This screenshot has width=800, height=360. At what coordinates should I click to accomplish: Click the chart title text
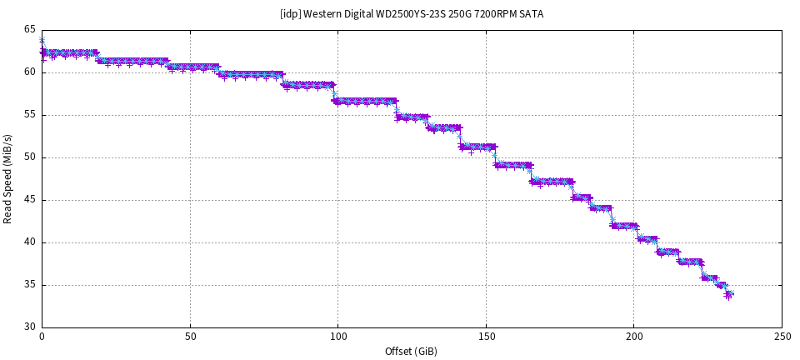[x=412, y=14]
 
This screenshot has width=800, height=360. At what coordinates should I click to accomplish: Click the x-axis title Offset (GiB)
[x=412, y=351]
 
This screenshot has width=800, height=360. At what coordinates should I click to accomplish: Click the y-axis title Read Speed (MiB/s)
[x=8, y=178]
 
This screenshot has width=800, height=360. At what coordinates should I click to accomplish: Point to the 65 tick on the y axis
[x=30, y=30]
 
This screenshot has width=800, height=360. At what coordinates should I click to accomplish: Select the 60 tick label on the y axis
[x=30, y=72]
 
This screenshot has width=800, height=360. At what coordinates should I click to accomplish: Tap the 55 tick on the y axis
[x=30, y=115]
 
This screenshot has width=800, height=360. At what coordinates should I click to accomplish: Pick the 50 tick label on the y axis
[x=30, y=157]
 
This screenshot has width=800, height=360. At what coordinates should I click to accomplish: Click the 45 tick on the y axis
[x=30, y=200]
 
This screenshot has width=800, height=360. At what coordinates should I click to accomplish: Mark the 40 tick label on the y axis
[x=30, y=242]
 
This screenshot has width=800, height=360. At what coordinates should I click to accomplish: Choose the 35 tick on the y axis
[x=30, y=285]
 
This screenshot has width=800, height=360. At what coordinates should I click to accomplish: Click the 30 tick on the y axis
[x=30, y=327]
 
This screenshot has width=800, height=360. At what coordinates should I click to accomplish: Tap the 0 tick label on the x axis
[x=42, y=337]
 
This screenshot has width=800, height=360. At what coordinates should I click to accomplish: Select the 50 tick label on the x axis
[x=190, y=337]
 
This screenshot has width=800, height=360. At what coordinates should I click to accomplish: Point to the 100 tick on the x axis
[x=337, y=337]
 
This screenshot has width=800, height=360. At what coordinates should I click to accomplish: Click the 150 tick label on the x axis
[x=486, y=337]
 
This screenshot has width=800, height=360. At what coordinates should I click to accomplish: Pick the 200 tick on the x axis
[x=633, y=337]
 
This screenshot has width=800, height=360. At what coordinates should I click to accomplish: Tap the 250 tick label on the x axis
[x=782, y=337]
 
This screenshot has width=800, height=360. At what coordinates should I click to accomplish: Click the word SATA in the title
[x=531, y=14]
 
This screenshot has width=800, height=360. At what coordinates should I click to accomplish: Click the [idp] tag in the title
[x=291, y=14]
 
